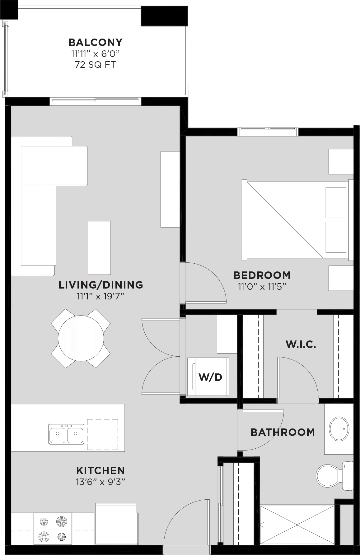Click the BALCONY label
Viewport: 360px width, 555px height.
(96, 42)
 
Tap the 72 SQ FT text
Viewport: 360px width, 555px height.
(96, 65)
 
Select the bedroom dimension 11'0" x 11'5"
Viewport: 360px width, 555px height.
(262, 286)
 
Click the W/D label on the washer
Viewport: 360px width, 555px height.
(210, 377)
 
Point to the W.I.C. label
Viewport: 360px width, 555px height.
(301, 344)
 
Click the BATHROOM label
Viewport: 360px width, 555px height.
(283, 432)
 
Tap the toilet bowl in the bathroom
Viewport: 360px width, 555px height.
(328, 475)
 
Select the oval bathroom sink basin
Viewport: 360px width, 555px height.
(339, 428)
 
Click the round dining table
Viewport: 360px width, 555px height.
(81, 338)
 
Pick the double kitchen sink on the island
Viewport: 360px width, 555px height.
(66, 433)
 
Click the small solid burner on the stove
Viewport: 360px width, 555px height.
(62, 537)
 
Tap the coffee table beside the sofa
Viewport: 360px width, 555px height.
(99, 248)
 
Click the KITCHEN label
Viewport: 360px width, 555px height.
(101, 470)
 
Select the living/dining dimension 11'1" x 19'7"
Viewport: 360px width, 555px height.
(101, 296)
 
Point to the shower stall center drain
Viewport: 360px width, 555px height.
(297, 525)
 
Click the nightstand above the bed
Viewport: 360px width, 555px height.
(341, 162)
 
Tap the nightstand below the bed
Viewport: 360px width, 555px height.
(341, 278)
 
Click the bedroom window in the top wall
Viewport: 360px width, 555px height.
(268, 132)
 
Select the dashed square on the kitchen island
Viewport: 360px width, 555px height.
(102, 434)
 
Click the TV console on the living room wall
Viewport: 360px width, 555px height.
(170, 189)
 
